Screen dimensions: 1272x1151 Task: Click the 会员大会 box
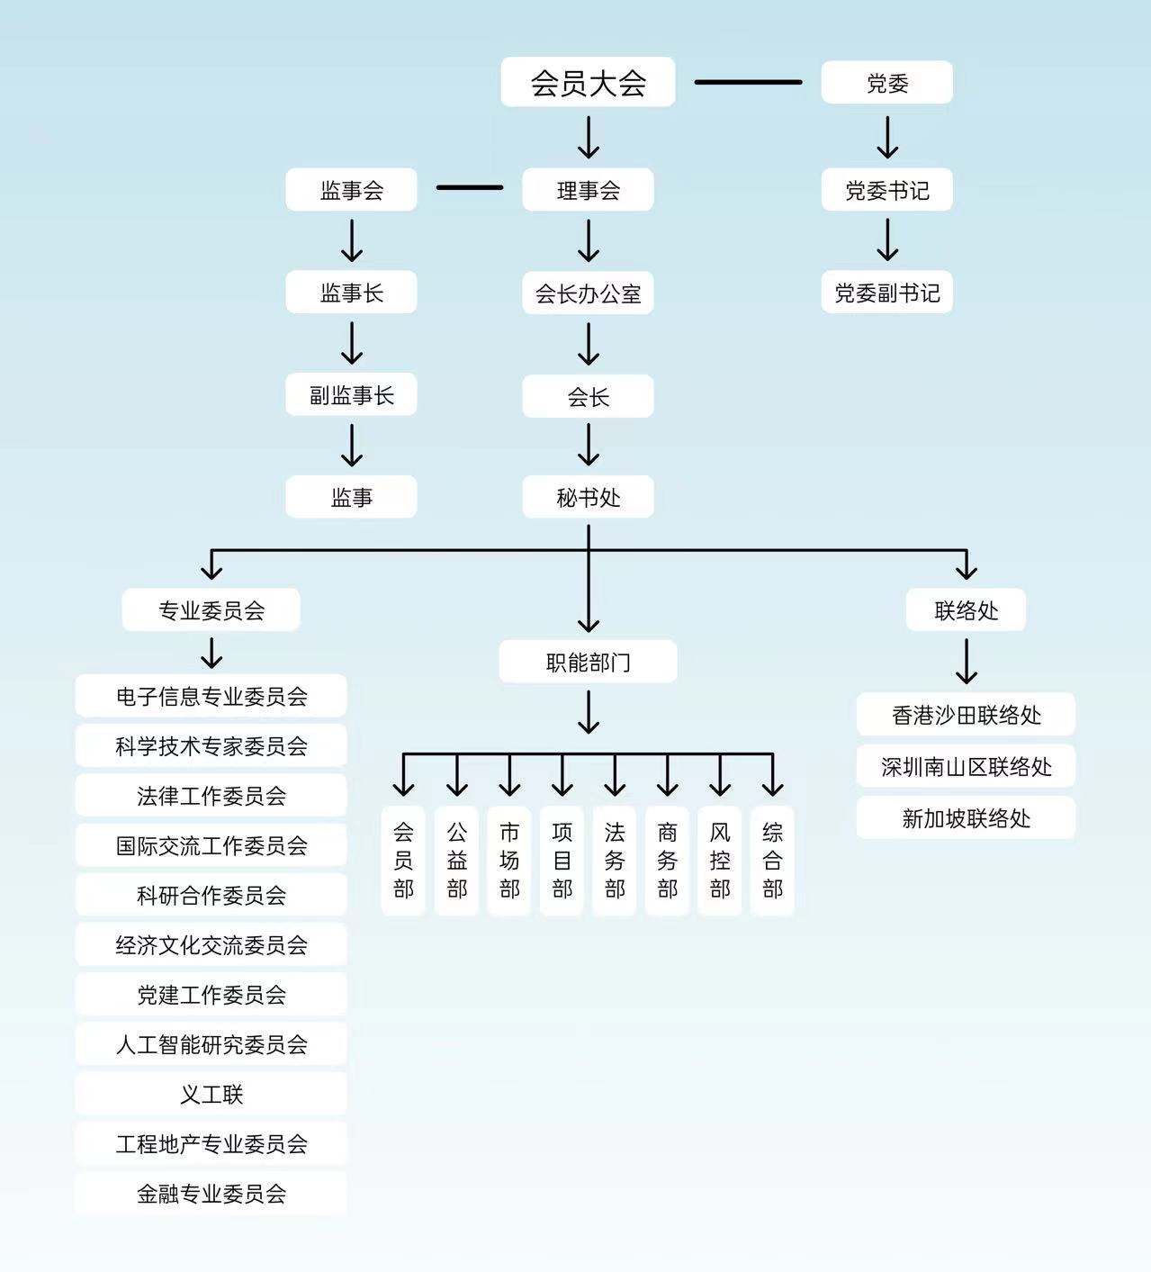[x=588, y=83]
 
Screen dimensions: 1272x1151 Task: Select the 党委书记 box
[x=886, y=190]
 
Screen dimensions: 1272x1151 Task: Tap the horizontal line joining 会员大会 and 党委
[x=748, y=82]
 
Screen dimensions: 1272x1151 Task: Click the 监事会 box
[x=351, y=190]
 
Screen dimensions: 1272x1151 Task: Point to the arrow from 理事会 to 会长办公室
[x=589, y=240]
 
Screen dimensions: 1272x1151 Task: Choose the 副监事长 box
[x=351, y=395]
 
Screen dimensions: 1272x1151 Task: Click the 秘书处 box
[x=588, y=497]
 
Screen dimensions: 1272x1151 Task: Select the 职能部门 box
[x=588, y=663]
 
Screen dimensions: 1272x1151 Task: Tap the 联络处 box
[x=966, y=610]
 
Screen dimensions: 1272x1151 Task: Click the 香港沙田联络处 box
[x=966, y=715]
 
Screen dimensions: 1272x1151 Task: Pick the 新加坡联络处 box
[x=966, y=818]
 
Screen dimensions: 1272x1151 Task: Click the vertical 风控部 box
[x=720, y=861]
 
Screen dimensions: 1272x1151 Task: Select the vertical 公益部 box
[x=457, y=861]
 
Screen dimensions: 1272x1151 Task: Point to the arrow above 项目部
[x=562, y=775]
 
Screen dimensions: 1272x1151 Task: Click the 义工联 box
[x=211, y=1094]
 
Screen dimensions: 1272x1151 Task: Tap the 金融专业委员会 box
[x=211, y=1194]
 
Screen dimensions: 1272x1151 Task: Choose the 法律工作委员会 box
[x=211, y=796]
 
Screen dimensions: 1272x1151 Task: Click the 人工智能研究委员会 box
[x=211, y=1044]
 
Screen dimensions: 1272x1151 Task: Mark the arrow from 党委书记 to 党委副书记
[x=887, y=240]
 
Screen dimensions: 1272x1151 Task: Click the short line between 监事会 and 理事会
[x=470, y=187]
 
